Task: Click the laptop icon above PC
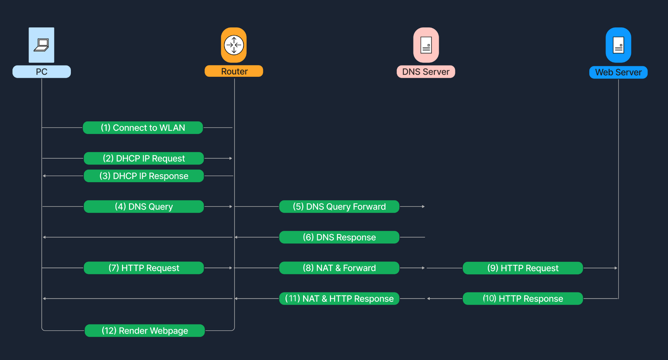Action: pos(42,45)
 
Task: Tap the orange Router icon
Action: pos(234,45)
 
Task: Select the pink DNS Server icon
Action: pos(426,45)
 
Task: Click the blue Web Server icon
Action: pos(618,45)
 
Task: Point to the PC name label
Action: pos(42,72)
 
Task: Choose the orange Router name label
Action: pos(234,71)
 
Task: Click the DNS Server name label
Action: pos(426,72)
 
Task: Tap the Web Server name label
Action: pos(618,72)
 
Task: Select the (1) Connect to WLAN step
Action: pos(143,128)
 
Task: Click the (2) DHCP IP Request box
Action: pos(144,158)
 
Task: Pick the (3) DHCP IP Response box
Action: pos(144,176)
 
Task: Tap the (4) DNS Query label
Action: pos(144,206)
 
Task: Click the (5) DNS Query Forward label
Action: pos(339,206)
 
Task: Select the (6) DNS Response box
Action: pos(339,237)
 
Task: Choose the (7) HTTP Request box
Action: pos(144,268)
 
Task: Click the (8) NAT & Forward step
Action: pos(339,268)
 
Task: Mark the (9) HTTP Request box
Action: pos(522,268)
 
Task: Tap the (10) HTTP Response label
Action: pos(522,298)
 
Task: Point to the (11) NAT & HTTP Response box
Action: pos(339,298)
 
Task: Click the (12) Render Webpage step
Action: pos(145,331)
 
